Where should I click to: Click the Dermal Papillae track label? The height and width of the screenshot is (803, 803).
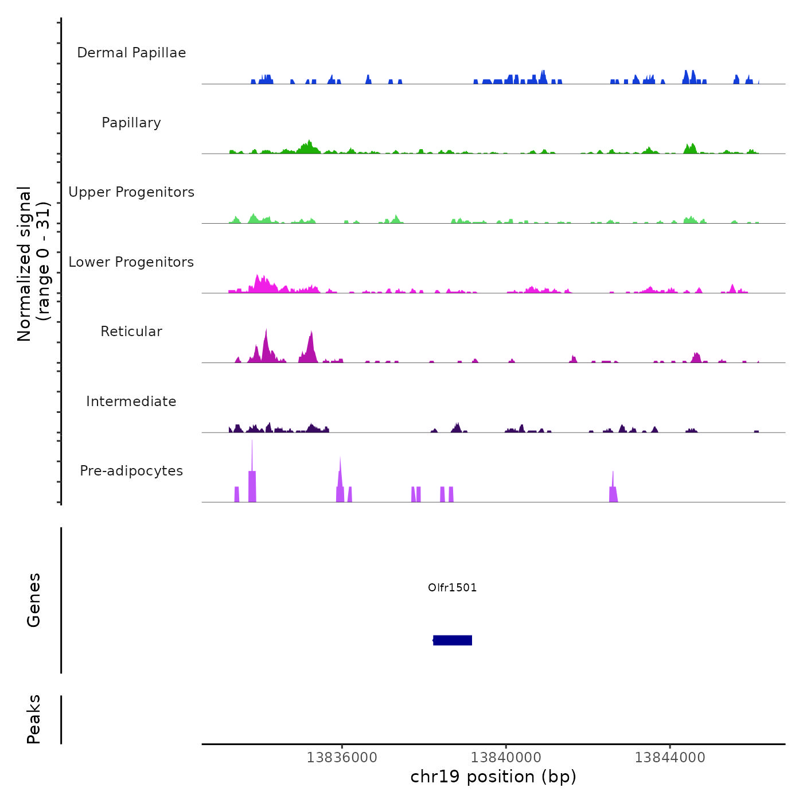(131, 53)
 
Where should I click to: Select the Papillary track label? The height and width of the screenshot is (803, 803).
(131, 123)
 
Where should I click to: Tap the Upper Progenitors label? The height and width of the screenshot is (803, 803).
(131, 192)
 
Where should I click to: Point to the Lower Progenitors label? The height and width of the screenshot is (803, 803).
(131, 262)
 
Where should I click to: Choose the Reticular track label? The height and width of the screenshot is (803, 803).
(131, 332)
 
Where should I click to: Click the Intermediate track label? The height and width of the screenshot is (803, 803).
(131, 402)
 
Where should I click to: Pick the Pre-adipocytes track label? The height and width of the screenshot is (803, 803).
(131, 471)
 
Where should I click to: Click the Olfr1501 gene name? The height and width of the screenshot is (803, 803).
(453, 587)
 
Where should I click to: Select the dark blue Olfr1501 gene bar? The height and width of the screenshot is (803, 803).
(453, 640)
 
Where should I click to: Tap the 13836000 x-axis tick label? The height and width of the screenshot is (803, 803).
(342, 757)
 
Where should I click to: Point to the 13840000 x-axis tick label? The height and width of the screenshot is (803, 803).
(506, 757)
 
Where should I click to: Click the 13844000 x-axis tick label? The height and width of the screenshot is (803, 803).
(670, 757)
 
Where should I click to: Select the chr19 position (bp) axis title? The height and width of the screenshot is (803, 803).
(493, 777)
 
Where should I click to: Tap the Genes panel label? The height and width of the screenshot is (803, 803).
(34, 600)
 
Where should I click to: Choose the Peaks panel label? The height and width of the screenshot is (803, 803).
(34, 719)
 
